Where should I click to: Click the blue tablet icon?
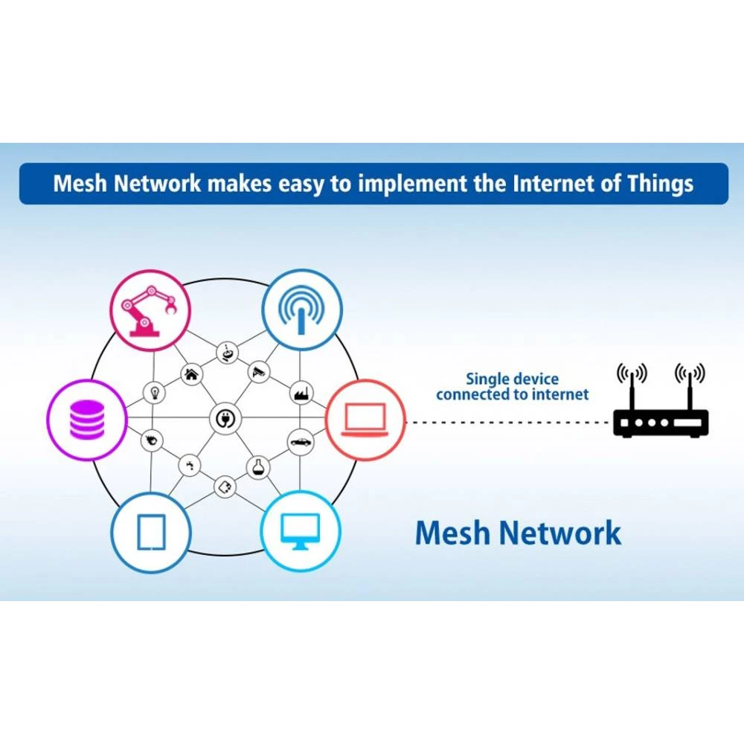(x=151, y=532)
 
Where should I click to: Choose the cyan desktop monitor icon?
(x=301, y=532)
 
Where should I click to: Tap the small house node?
(x=191, y=374)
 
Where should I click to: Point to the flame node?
(x=152, y=440)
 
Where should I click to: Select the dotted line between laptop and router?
(x=506, y=423)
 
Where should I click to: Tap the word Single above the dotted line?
(x=487, y=379)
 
